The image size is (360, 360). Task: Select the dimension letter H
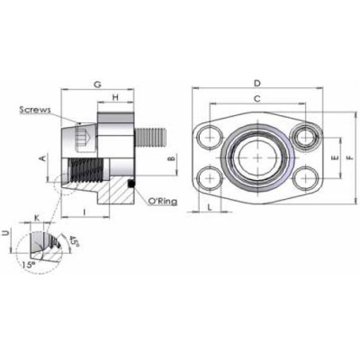(116, 97)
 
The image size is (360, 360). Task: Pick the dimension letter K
(36, 217)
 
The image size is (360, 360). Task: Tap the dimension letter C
(258, 98)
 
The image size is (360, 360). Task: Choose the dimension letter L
(210, 207)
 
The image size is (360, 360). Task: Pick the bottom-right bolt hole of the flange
(307, 177)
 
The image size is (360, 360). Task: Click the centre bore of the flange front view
(258, 157)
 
